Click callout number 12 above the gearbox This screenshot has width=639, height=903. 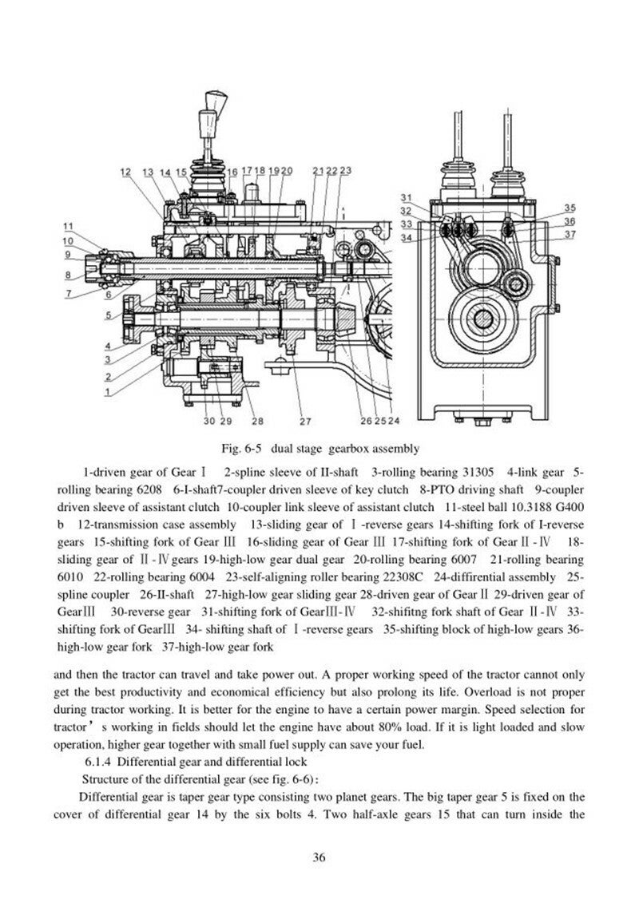point(126,172)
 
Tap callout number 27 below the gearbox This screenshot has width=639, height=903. point(304,420)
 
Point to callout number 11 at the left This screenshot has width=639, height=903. point(69,226)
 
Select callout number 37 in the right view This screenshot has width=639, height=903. point(570,235)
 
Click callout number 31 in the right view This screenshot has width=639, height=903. point(406,197)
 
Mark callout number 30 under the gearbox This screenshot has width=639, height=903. point(208,420)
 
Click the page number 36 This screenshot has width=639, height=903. point(319,857)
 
